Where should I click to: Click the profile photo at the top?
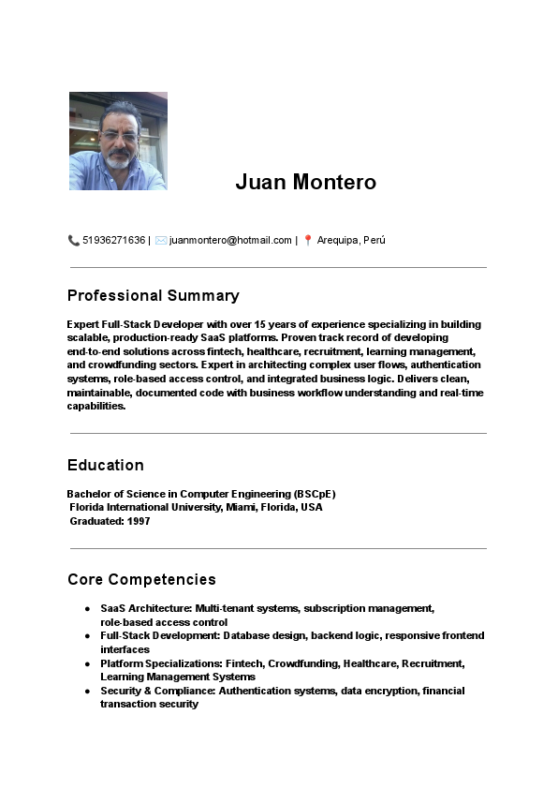118,141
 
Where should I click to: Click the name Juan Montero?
305,182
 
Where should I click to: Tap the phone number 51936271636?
113,240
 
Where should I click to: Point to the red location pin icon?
308,240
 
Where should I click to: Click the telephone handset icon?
74,240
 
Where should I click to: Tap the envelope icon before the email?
161,240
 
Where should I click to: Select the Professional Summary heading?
153,295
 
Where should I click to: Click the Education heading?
106,465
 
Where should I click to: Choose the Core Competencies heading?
141,579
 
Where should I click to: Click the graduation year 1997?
139,521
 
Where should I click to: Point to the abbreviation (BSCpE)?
315,494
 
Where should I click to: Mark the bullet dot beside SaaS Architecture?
87,609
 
